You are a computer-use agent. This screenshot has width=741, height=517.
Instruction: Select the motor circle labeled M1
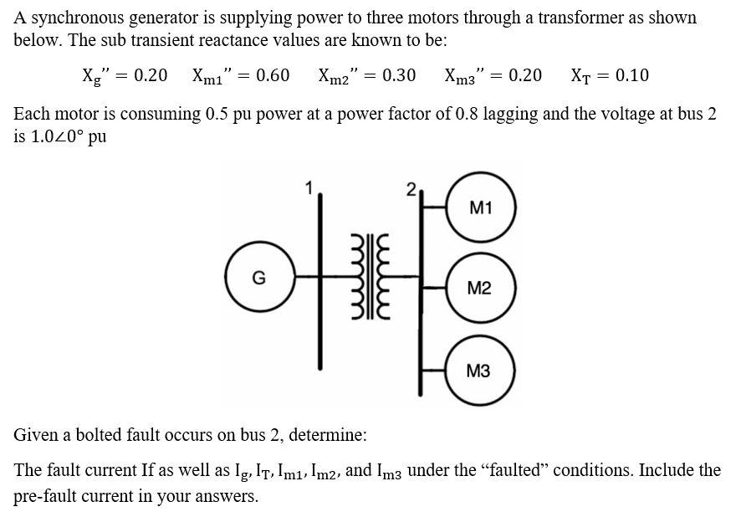pos(480,208)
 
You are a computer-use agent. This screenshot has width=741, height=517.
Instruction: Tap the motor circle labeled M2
pos(480,289)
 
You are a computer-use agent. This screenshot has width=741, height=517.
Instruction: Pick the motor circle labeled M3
pos(480,371)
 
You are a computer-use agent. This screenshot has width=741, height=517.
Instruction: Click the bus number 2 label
pos(410,189)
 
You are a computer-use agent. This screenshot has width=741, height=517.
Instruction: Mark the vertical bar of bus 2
pos(422,318)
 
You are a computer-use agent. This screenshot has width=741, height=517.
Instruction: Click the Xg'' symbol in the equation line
pos(94,76)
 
